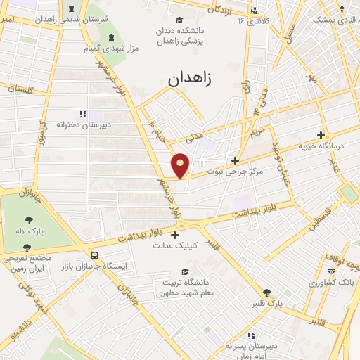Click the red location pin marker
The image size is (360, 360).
click(x=181, y=165)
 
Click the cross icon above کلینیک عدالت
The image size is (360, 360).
click(x=175, y=235)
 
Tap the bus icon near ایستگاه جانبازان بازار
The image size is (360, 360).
click(x=94, y=255)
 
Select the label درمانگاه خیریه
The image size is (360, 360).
click(x=322, y=146)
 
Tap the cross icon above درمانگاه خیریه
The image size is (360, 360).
click(x=322, y=134)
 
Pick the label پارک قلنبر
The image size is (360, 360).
click(x=266, y=303)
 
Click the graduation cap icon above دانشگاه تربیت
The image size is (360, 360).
click(x=185, y=271)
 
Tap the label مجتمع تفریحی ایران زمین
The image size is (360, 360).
click(x=27, y=264)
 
